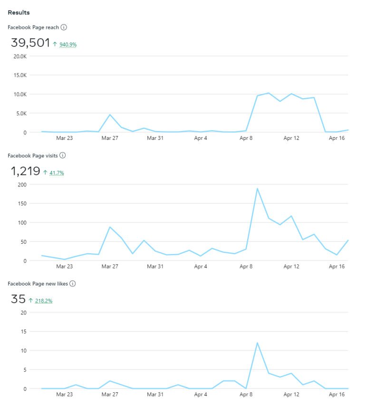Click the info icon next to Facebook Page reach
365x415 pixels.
(64, 28)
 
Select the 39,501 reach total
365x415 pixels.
(30, 43)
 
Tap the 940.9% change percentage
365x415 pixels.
(67, 45)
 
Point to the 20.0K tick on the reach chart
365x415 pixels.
(20, 56)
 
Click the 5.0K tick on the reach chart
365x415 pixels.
(21, 113)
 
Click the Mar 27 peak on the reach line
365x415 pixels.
(110, 114)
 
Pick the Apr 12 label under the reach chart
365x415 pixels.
(291, 138)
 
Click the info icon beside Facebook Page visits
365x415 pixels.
(63, 156)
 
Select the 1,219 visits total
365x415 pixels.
(25, 171)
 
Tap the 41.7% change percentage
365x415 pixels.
(57, 173)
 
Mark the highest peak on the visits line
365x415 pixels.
(257, 188)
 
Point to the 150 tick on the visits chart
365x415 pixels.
(22, 203)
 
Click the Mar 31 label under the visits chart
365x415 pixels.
(155, 267)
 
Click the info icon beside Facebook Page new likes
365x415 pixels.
(73, 284)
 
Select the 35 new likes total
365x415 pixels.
(18, 299)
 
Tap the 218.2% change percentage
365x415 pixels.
(43, 301)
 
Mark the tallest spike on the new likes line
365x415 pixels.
(257, 342)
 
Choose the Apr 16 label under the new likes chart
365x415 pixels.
(336, 394)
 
